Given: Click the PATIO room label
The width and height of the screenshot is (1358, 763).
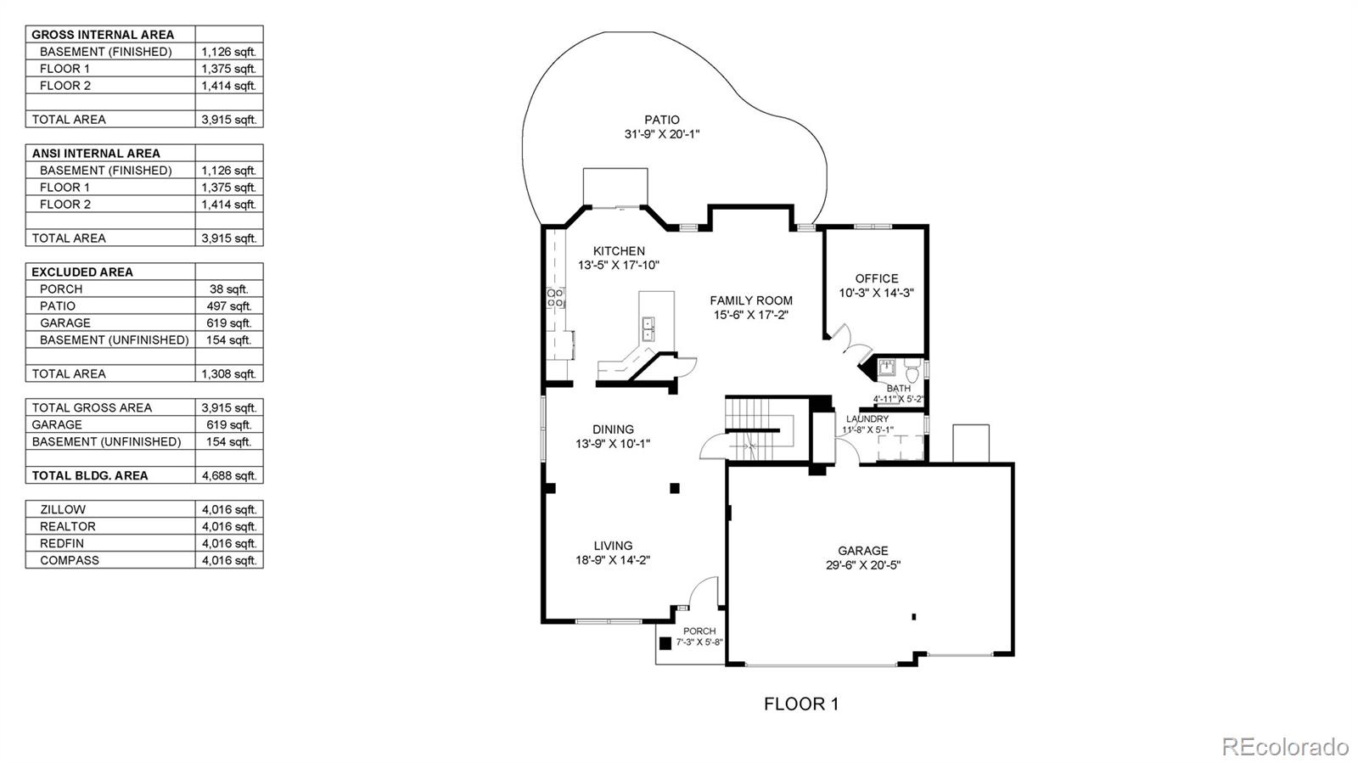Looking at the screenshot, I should [661, 120].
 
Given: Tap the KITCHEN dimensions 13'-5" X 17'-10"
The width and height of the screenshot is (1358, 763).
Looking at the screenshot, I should [619, 266].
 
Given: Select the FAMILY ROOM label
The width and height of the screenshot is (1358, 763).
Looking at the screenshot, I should [751, 300].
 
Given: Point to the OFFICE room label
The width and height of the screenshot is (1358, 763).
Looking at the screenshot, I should [877, 278].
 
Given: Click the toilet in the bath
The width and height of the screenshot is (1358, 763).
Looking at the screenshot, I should [912, 371].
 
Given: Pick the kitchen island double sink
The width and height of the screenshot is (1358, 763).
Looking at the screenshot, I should [648, 328].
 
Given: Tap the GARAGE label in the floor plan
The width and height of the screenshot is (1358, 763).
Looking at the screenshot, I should [863, 551].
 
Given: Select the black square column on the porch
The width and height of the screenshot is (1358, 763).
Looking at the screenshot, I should [666, 642].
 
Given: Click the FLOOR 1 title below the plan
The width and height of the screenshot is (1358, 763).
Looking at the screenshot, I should [800, 704].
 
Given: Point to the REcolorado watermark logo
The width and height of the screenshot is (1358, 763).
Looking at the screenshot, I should [1284, 747].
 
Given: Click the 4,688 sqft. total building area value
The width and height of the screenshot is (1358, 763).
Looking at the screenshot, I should [228, 475].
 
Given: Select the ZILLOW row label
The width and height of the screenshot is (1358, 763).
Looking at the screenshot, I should [63, 509].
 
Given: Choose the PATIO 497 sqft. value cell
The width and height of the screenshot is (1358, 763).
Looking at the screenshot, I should [228, 306].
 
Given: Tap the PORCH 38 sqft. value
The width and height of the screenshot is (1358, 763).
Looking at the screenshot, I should [228, 289].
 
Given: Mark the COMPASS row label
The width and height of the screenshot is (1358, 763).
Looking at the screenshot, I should [70, 560].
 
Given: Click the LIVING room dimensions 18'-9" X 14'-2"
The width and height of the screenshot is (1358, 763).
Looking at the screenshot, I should [613, 560].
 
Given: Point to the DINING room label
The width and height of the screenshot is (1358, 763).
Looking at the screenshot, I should [613, 429].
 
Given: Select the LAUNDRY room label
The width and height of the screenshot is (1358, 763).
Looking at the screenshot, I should [867, 419].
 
